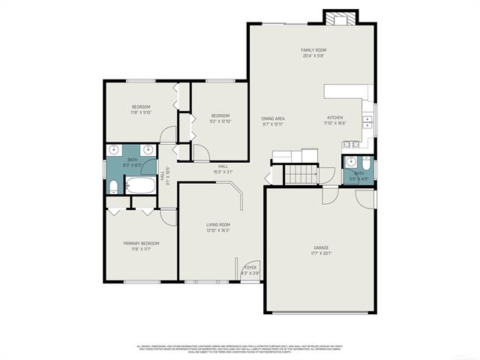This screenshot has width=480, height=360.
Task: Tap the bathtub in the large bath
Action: coord(139,185)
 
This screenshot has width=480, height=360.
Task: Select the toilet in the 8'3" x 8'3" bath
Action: coord(112,187)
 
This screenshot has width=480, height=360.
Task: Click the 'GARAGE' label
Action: coord(321,247)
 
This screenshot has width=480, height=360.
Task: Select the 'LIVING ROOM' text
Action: coord(218,224)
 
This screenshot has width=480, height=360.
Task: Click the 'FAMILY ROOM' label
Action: coord(313,49)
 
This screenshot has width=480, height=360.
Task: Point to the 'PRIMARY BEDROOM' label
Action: coord(141,243)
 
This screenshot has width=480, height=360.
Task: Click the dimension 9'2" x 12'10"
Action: coord(220,121)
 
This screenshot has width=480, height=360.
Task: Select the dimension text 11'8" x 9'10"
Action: coord(141,112)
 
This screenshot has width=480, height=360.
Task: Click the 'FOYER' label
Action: coord(250,267)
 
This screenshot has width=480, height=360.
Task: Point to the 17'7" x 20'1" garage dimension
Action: coord(321,253)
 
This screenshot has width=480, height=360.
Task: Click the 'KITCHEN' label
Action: coord(335,118)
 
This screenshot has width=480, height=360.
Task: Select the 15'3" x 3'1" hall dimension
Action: coord(223,172)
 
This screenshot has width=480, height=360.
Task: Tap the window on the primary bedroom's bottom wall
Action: coord(141,281)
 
